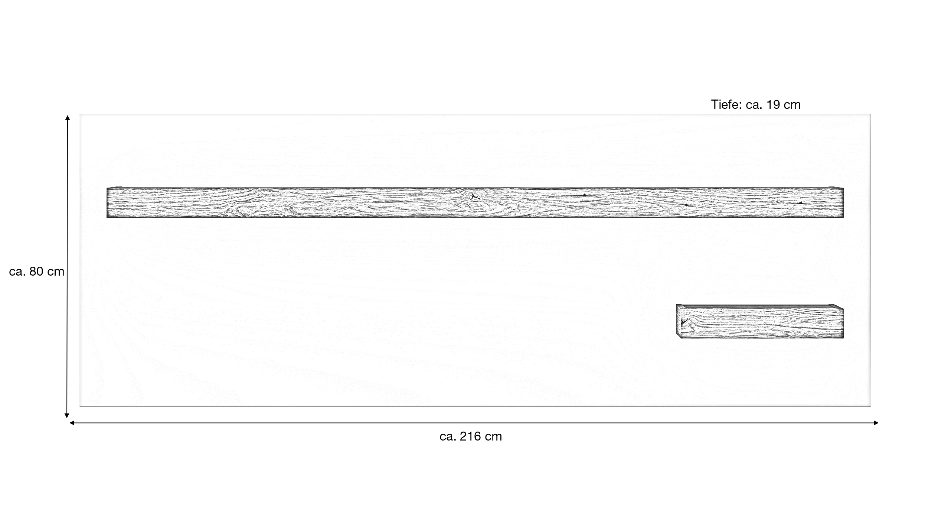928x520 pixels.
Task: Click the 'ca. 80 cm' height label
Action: click(37, 272)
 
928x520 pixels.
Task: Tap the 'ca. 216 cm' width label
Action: click(471, 436)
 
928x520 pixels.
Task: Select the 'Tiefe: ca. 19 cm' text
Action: click(756, 105)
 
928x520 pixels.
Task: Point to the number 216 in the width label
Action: click(470, 436)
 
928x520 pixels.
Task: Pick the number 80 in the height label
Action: click(37, 272)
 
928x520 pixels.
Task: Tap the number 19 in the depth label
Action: click(773, 105)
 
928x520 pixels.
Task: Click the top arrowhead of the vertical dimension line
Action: click(67, 117)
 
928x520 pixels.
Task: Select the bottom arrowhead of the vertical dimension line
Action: click(67, 416)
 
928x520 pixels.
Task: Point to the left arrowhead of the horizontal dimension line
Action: click(72, 423)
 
